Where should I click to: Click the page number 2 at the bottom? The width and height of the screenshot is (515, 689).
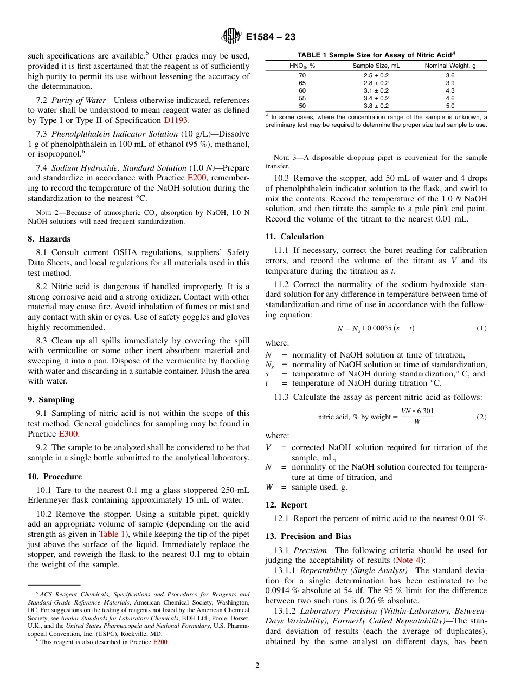pyautogui.click(x=257, y=665)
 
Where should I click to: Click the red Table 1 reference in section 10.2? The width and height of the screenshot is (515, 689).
pyautogui.click(x=112, y=534)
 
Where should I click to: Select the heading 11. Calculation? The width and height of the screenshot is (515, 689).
pyautogui.click(x=294, y=237)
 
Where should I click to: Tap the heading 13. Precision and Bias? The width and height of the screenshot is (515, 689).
pyautogui.click(x=308, y=536)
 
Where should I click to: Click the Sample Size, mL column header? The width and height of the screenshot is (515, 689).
pyautogui.click(x=376, y=66)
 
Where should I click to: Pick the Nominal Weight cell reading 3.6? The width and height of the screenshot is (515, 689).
pyautogui.click(x=450, y=75)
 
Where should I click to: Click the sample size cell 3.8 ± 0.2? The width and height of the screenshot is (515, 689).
pyautogui.click(x=376, y=106)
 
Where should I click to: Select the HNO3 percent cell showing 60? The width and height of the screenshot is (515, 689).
pyautogui.click(x=302, y=90)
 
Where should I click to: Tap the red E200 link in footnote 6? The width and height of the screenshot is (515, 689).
pyautogui.click(x=160, y=642)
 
